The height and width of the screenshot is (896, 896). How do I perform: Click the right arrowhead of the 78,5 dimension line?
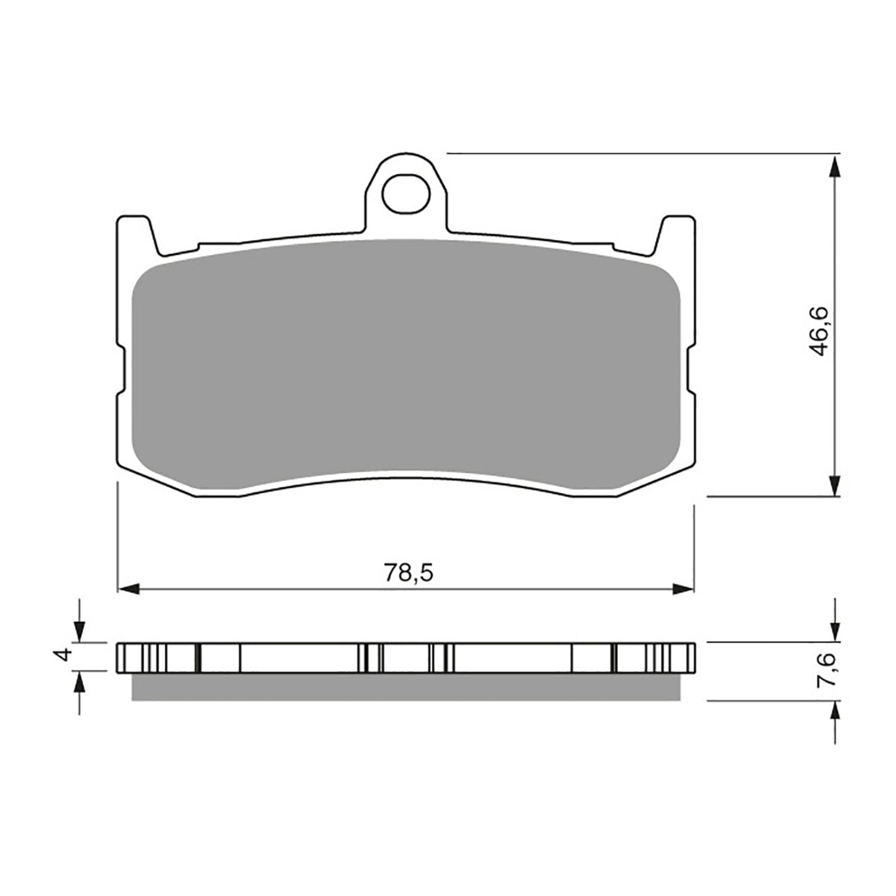tap(683, 589)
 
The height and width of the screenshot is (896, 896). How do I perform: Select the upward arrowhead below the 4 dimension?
tap(80, 682)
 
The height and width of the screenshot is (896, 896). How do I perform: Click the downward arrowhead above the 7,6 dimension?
tap(835, 630)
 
